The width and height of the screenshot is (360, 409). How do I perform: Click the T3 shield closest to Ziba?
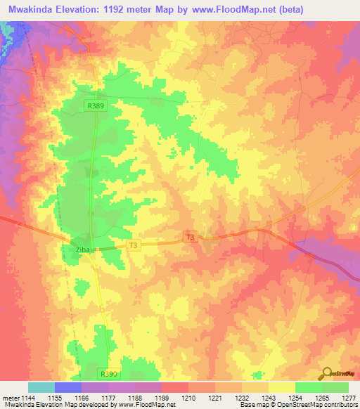pos(134,245)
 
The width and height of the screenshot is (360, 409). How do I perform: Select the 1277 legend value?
pos(349,398)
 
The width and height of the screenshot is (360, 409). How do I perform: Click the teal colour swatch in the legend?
pos(41,387)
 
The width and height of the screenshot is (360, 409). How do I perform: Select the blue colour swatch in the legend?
pos(68,387)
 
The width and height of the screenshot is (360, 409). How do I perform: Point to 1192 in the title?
pos(145,8)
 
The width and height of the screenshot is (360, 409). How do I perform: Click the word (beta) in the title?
pos(338,8)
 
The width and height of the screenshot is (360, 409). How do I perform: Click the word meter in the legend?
pos(10,398)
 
